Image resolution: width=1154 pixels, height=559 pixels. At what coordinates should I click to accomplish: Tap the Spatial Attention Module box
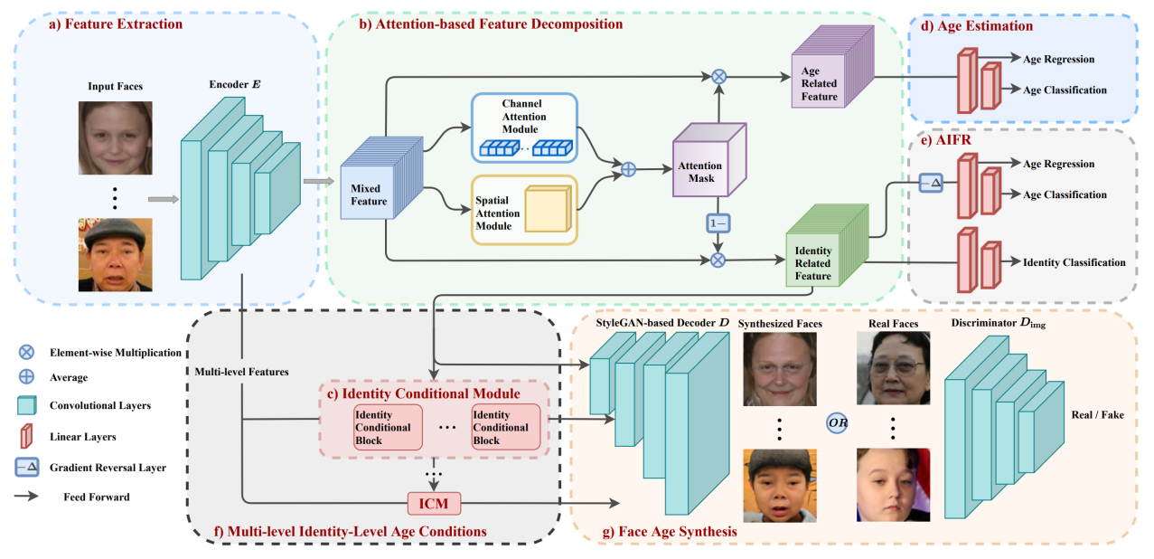[524, 210]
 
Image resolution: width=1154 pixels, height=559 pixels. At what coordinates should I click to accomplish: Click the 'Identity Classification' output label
[1074, 262]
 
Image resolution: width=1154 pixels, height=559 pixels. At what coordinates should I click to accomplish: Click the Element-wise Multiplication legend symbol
[28, 353]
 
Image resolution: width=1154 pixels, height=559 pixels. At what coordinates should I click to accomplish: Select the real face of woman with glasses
[893, 367]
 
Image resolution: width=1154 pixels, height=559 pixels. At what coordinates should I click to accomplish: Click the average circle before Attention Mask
[628, 168]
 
